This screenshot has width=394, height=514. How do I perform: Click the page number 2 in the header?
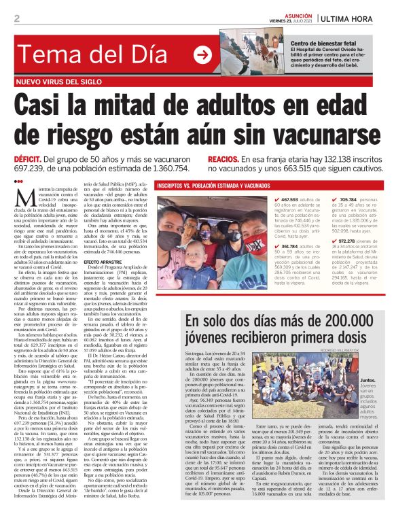coord(17,18)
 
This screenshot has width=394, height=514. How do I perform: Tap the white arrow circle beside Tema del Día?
coord(202,56)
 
